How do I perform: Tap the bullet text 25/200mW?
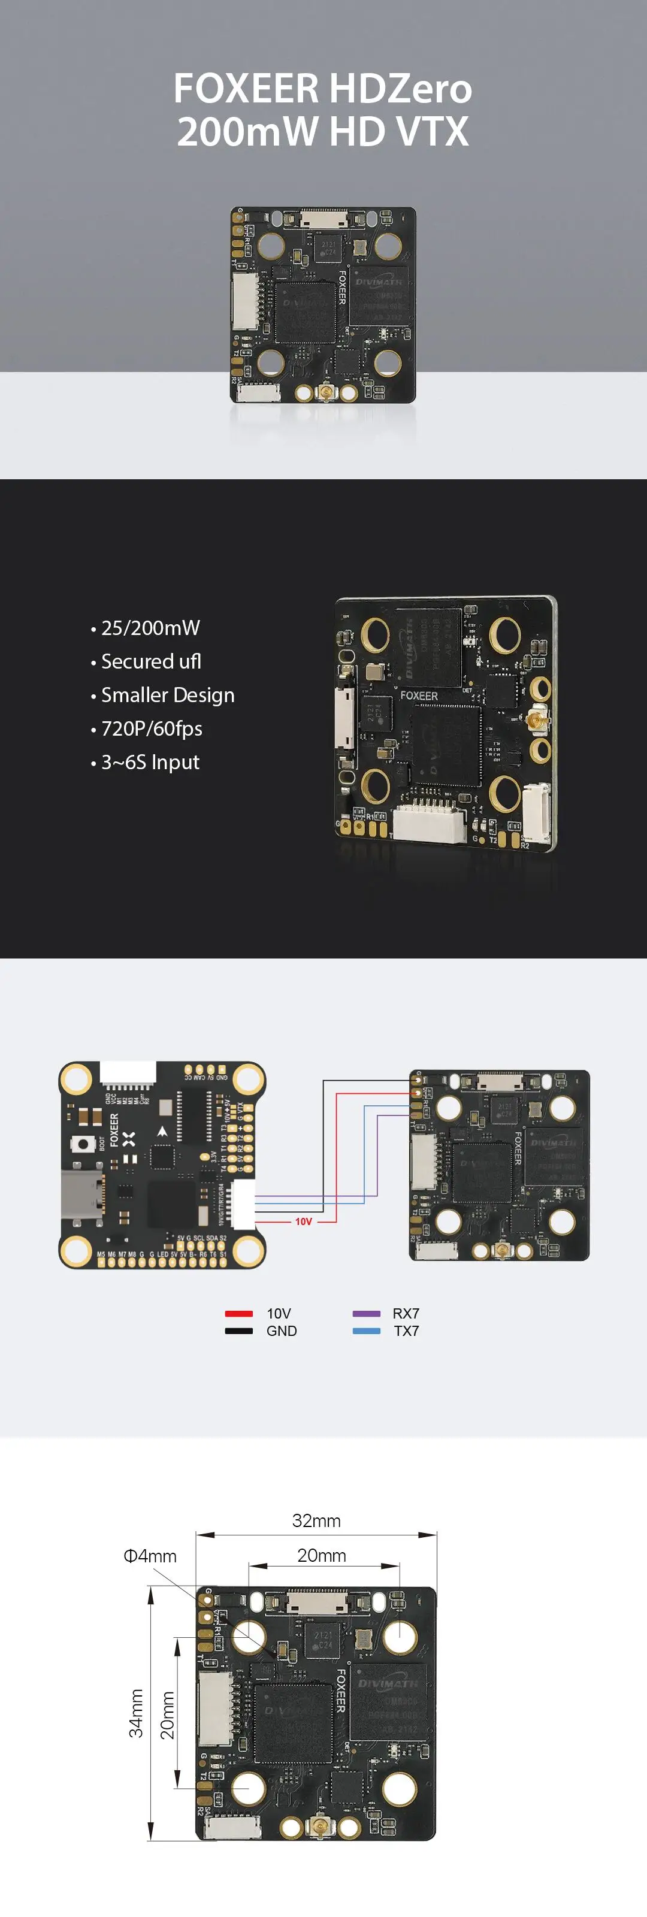point(150,628)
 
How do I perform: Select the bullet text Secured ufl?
point(151,661)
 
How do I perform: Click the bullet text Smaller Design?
point(168,695)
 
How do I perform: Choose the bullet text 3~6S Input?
point(150,762)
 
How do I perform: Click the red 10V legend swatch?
point(239,1314)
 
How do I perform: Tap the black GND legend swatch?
point(239,1331)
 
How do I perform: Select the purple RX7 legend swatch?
point(366,1314)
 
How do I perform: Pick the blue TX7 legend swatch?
point(366,1331)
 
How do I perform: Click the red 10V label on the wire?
point(303,1222)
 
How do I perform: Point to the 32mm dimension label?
point(316,1521)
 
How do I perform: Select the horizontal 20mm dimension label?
point(322,1555)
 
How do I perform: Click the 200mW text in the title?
point(247,132)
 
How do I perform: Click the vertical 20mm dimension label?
point(168,1715)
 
